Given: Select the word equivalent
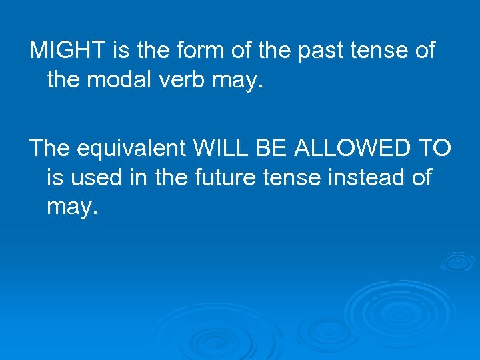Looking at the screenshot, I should point(131,147).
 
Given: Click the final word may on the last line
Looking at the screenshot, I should point(71,209).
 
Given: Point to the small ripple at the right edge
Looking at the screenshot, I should point(458,262).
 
